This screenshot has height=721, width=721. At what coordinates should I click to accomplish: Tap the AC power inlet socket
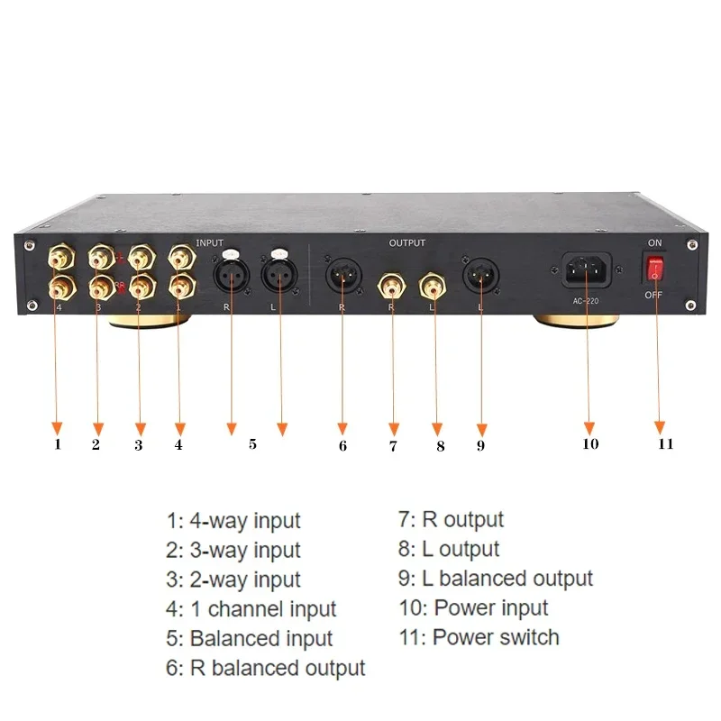click(x=587, y=268)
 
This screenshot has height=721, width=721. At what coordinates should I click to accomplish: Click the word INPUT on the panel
click(x=210, y=242)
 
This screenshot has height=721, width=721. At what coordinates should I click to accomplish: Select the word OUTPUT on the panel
click(x=407, y=242)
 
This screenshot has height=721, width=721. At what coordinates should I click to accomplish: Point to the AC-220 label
click(x=587, y=300)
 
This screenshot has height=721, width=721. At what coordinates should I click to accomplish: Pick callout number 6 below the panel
click(x=343, y=443)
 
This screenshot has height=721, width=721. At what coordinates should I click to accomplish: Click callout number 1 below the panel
click(x=58, y=443)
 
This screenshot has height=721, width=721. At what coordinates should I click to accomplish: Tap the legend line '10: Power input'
click(x=473, y=607)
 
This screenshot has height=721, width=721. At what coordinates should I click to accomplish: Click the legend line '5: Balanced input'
click(x=250, y=639)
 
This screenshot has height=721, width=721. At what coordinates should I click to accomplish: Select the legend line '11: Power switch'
click(x=479, y=637)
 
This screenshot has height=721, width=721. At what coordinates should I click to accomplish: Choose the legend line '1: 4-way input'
click(x=233, y=521)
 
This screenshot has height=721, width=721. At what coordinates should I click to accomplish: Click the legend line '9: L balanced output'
click(x=496, y=579)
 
